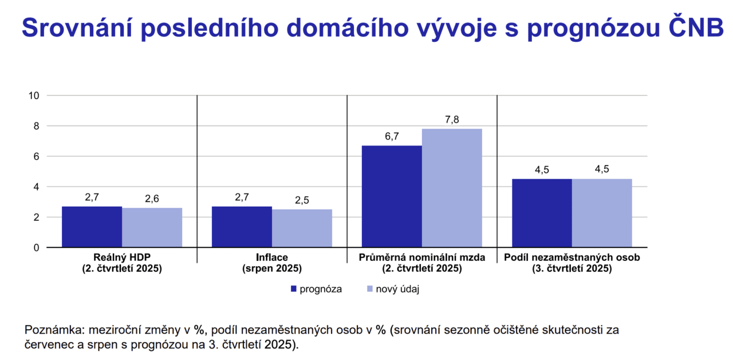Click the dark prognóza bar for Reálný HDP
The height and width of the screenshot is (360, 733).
coord(92,227)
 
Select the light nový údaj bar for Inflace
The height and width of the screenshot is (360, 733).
coord(302,228)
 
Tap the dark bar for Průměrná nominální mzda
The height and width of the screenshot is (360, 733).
coord(392,196)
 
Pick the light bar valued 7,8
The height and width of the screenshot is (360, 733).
coord(452,188)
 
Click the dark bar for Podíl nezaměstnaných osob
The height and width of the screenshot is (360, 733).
coord(542,213)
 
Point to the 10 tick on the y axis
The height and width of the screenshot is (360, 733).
coord(33,96)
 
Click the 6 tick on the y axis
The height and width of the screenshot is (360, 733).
coord(36,156)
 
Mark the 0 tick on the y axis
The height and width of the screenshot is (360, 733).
coord(36,248)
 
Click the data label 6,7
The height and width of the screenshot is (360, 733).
coord(392,136)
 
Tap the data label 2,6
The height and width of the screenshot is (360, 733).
coord(152,199)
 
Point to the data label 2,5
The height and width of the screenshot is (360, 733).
coord(302,200)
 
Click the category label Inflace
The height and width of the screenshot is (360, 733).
coord(272,258)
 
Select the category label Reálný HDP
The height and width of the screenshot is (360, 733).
coord(122,258)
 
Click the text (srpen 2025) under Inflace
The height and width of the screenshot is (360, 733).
coord(272,268)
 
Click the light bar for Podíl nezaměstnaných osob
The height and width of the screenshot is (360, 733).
coord(602,213)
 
